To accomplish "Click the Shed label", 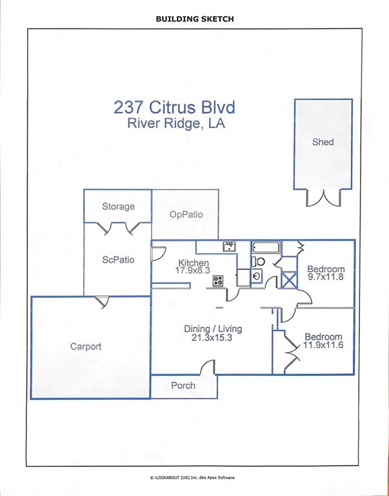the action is [323, 142].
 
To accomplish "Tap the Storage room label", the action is [118, 207].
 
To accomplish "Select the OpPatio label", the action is [186, 214].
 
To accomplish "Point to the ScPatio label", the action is [119, 260].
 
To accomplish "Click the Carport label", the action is [86, 346].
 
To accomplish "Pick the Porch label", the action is [183, 386].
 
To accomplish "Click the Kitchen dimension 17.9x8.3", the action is [194, 270].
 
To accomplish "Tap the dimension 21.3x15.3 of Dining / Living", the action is [212, 338].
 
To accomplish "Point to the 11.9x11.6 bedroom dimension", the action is [323, 345].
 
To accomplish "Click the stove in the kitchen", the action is [218, 281].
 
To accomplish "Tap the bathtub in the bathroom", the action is [266, 247].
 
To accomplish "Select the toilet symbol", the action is [259, 262].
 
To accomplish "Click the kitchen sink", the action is [229, 247].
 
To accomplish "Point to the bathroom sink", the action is [257, 276].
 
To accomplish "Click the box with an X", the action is [289, 280].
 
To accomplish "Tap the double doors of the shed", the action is [323, 198].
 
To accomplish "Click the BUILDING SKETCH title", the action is [195, 19].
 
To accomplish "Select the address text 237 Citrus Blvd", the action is [174, 108].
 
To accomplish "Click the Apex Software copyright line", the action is [192, 478].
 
